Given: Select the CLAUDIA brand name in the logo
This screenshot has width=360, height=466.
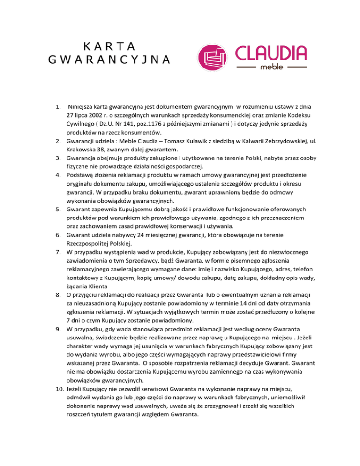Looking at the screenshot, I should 271,52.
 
